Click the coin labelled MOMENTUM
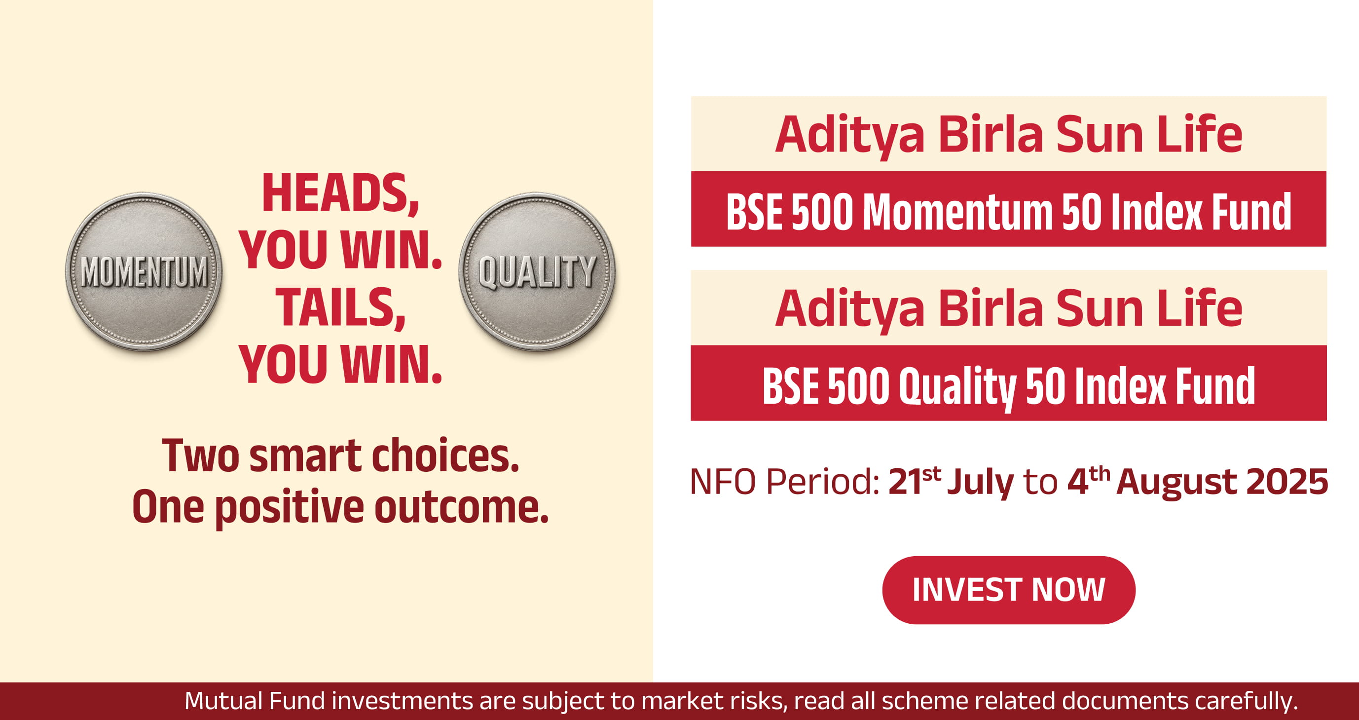coord(144,271)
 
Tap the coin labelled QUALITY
coord(537,271)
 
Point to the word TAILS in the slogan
coord(340,308)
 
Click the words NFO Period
coord(784,482)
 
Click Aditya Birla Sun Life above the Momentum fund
coord(1009,134)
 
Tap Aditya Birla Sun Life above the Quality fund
coord(1009,308)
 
